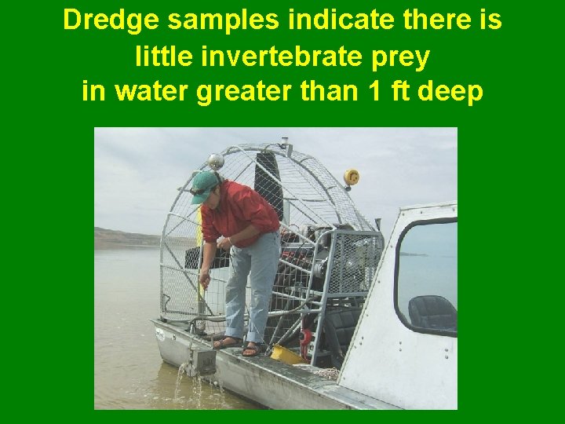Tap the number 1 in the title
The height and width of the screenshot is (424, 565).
pos(375,92)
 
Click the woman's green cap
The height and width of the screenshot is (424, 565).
pos(203,185)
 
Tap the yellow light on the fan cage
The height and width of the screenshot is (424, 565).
pos(352,177)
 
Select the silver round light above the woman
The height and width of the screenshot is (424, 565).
pos(217,161)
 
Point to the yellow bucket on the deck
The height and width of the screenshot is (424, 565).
pos(286,355)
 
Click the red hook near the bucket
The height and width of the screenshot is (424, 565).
pos(305,340)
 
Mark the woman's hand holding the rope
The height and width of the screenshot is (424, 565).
pos(205,279)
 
